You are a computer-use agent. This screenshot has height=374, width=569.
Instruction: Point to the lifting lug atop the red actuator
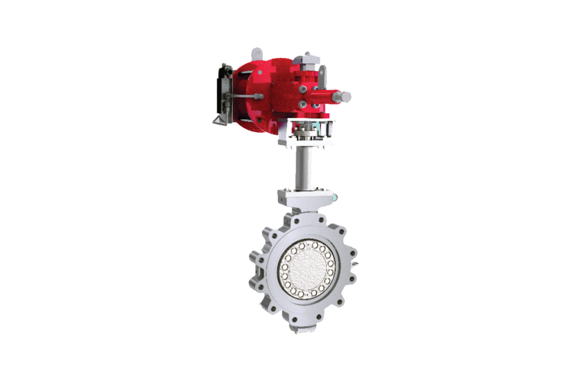[x=256, y=53]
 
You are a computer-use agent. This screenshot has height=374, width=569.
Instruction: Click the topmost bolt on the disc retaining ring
[x=305, y=243]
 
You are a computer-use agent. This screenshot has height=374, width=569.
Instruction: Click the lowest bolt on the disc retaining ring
[x=306, y=295]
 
